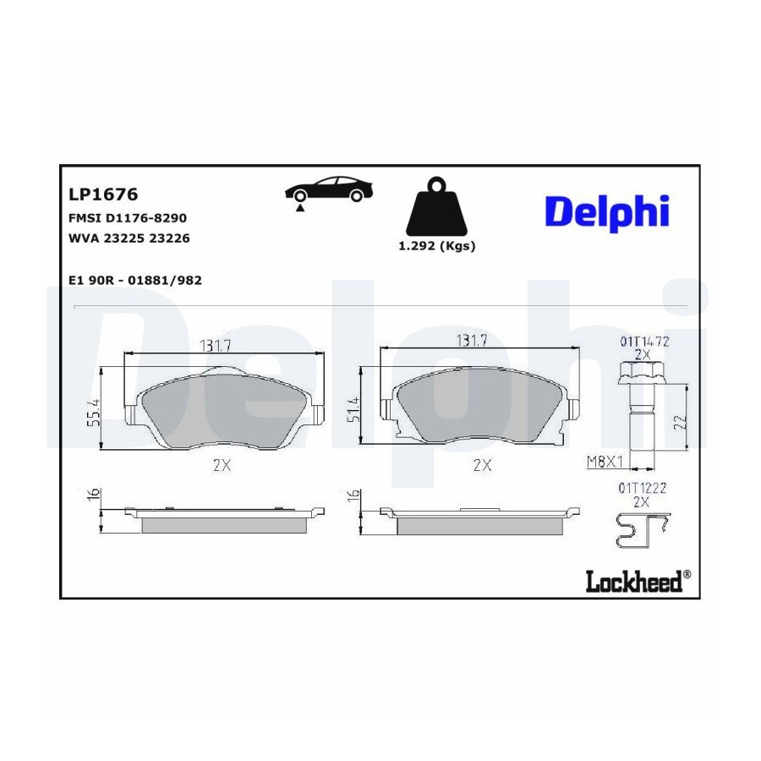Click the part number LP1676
tap(103, 194)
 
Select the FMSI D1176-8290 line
tap(128, 218)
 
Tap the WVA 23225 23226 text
tap(129, 238)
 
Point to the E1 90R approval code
tap(135, 281)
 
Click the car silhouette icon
tap(328, 192)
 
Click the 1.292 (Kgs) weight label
tap(437, 246)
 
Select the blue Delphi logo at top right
tap(607, 212)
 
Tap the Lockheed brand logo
tap(638, 580)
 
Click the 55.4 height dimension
tap(93, 413)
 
